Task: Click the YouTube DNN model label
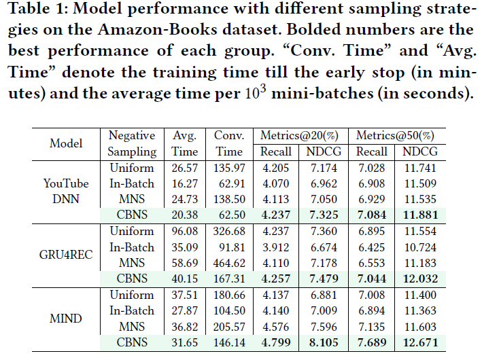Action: coord(66,191)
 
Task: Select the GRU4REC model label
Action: coord(66,255)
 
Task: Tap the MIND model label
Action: coord(66,318)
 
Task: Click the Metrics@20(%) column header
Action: coord(299,135)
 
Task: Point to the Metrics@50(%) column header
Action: coord(395,135)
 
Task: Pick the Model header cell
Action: coord(66,143)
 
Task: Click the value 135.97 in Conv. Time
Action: coord(229,168)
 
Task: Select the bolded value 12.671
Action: coord(420,342)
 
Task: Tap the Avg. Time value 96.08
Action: coord(184,231)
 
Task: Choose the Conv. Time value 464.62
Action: coord(229,263)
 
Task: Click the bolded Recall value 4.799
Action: coord(276,342)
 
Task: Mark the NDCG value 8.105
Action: coord(324,342)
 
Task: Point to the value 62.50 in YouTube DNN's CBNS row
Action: coord(232,215)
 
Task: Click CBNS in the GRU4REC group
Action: coord(132,278)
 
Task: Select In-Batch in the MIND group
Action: coord(132,310)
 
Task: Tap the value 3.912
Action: coord(276,247)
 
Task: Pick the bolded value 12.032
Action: coord(420,278)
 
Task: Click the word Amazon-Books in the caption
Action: coord(158,29)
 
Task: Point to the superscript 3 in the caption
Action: coord(263,89)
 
